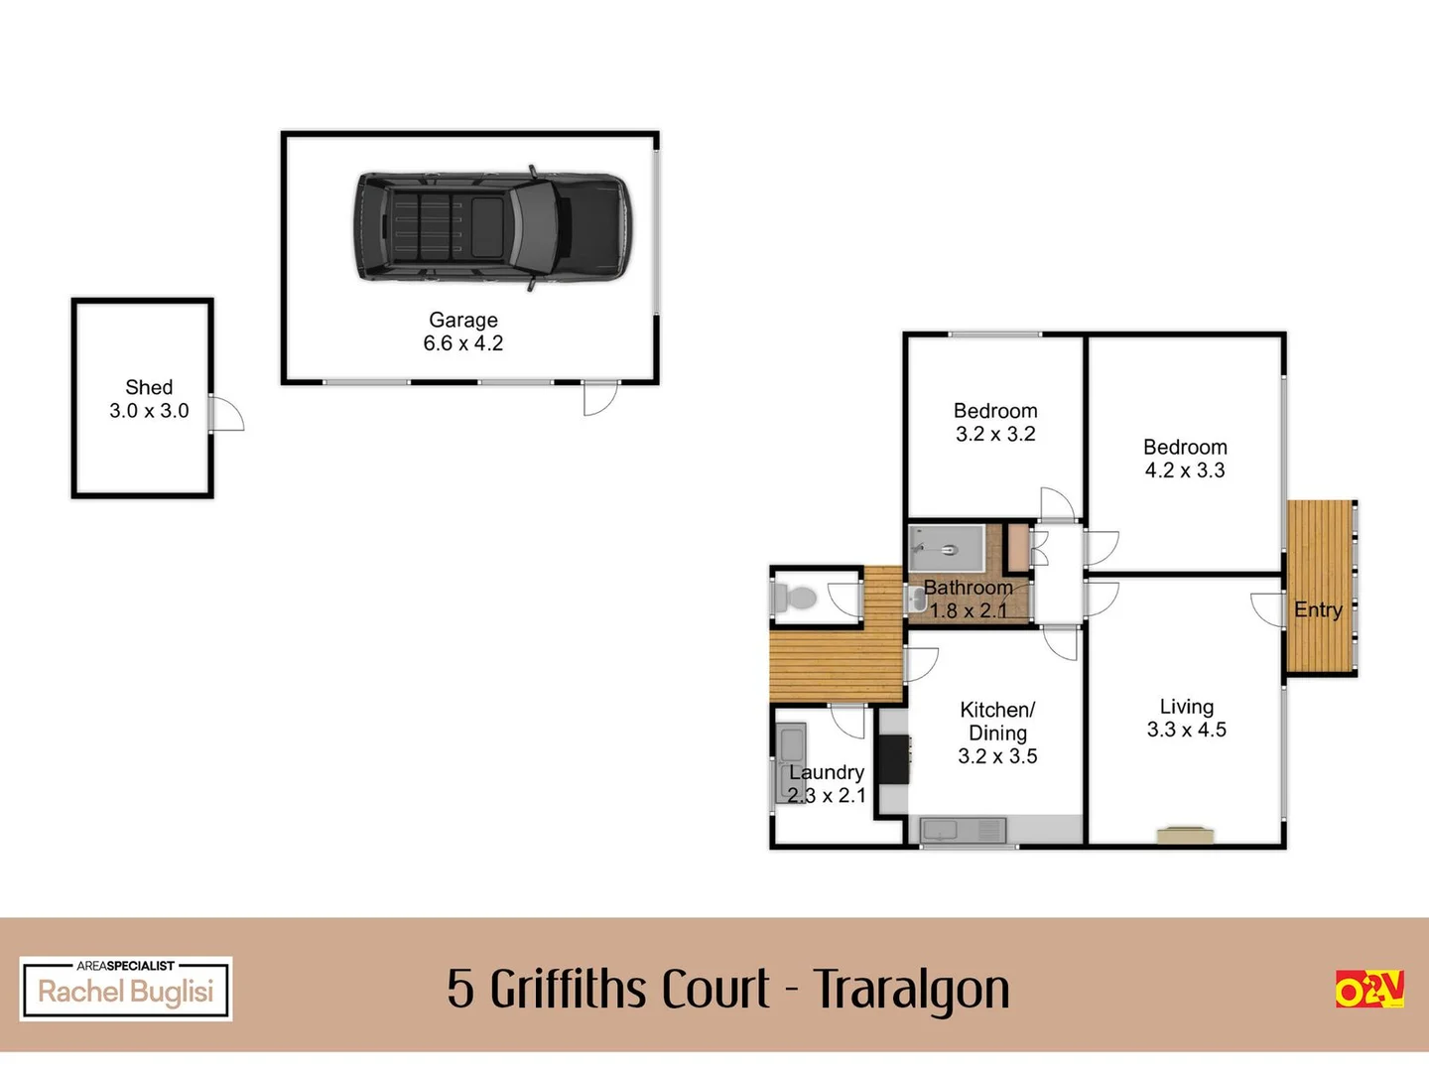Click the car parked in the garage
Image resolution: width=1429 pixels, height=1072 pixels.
click(493, 227)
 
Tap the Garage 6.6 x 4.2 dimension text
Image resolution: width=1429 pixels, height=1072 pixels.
click(462, 343)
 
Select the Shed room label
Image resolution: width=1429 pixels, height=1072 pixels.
click(149, 387)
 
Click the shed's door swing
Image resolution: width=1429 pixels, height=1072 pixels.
click(227, 413)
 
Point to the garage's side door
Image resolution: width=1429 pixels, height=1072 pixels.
click(600, 398)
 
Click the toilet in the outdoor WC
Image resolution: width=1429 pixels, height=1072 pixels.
click(793, 597)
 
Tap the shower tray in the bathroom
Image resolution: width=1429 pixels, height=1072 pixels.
click(946, 549)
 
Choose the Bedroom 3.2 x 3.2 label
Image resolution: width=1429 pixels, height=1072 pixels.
click(995, 423)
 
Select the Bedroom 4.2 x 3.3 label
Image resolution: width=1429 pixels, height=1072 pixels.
click(1185, 459)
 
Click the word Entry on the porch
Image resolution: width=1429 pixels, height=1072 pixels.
click(1318, 609)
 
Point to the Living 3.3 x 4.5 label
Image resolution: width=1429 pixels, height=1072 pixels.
click(1186, 718)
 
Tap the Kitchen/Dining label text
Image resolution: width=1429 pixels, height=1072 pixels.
click(997, 721)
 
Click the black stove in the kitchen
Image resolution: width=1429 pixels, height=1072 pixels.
click(893, 759)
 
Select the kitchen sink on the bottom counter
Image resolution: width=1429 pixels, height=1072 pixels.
click(964, 831)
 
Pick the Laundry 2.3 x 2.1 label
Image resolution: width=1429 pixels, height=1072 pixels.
click(827, 784)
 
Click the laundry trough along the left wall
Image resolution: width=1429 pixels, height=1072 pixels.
click(790, 763)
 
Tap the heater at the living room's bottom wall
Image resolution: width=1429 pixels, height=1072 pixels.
click(1185, 835)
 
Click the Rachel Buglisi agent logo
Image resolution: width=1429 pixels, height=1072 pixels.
click(126, 989)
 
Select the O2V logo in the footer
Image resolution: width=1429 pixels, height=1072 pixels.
click(1369, 989)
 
